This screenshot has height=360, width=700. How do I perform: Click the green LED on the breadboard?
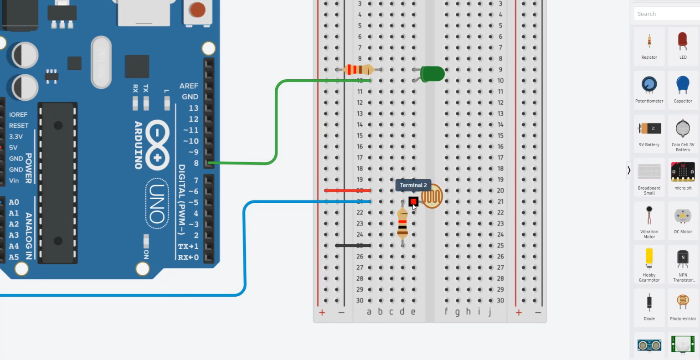point(432,74)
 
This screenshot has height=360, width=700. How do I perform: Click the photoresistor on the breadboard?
point(432,196)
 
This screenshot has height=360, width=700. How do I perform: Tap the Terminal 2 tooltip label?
point(413,185)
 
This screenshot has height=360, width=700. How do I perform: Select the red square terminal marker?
point(413,201)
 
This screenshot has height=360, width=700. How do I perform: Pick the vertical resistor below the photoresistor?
point(402,223)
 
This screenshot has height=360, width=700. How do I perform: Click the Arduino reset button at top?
point(197,10)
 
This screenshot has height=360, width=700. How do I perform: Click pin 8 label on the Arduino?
point(196,163)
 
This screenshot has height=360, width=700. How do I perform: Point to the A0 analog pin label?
point(14,202)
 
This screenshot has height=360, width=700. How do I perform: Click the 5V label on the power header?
point(13,148)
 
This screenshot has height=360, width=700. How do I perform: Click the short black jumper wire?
point(353,246)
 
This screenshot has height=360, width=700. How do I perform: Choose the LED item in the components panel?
point(683,46)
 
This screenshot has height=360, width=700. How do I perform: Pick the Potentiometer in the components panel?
point(649,89)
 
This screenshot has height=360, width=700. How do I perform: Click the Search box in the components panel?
point(665,14)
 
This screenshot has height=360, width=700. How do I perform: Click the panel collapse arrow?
point(629,170)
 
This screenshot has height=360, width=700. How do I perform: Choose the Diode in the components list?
point(649,307)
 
